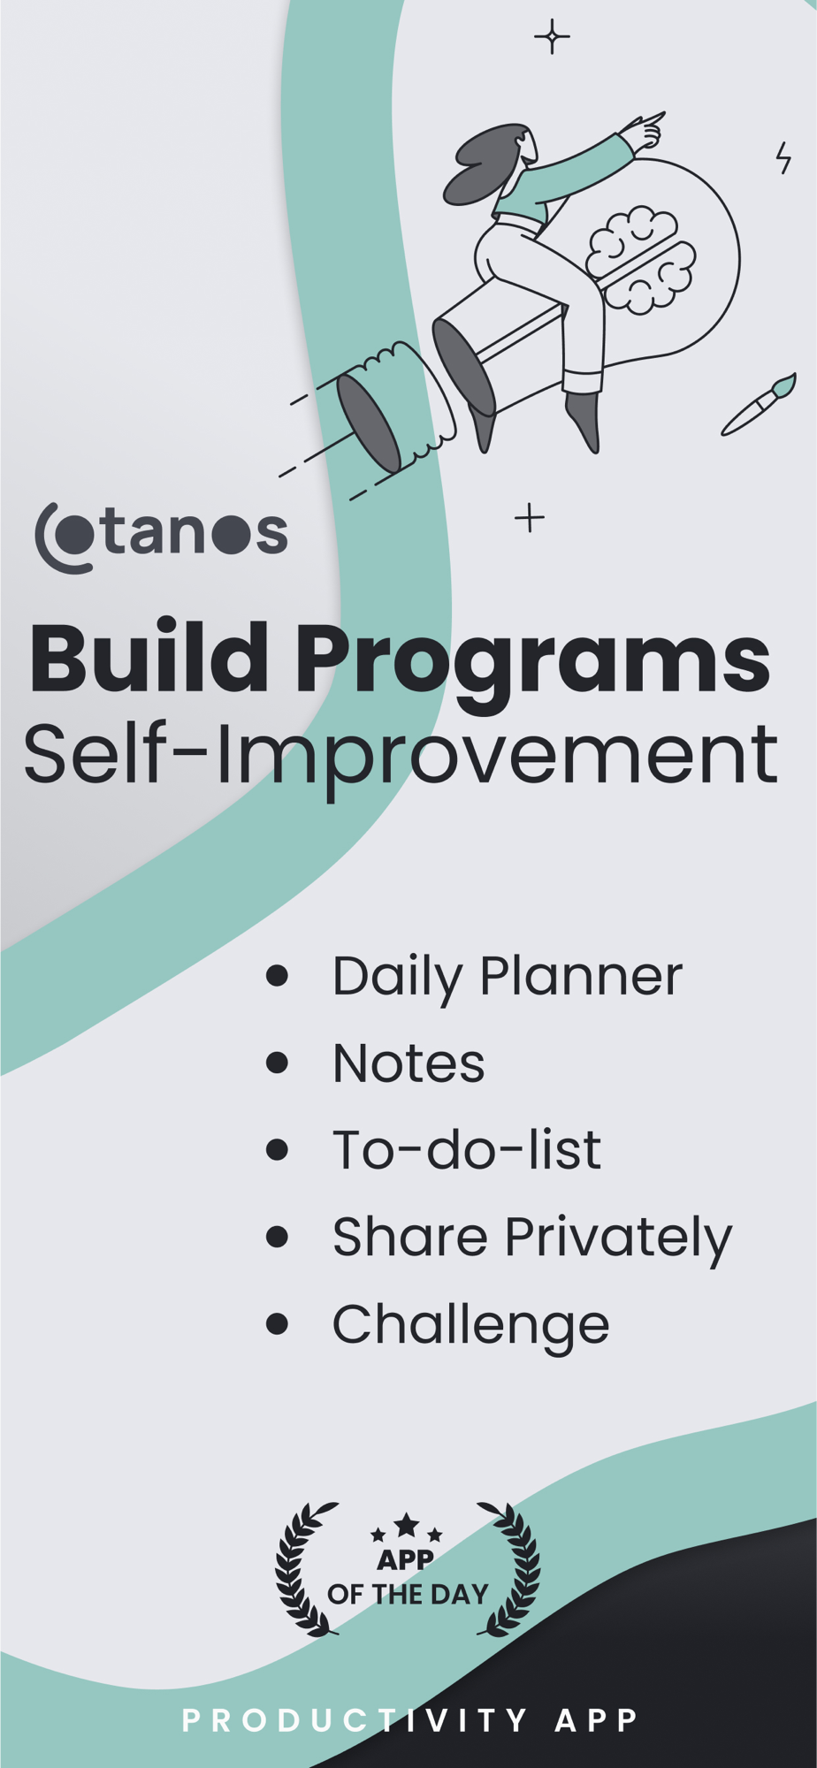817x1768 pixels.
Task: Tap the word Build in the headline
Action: [149, 659]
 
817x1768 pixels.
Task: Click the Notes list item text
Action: [408, 1063]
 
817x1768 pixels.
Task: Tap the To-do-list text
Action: [467, 1149]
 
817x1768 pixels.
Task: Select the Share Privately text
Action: [532, 1238]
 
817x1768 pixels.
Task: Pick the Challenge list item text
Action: [471, 1325]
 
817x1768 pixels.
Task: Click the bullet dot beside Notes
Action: [277, 1062]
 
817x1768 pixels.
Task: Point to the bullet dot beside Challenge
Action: [277, 1323]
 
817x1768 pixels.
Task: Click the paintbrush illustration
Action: [759, 404]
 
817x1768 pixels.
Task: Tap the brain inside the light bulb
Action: [641, 260]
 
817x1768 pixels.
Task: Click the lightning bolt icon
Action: [783, 157]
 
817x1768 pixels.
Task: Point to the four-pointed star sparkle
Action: [552, 37]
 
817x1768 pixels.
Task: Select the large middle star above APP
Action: [407, 1524]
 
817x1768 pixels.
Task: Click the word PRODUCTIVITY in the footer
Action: [355, 1720]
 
